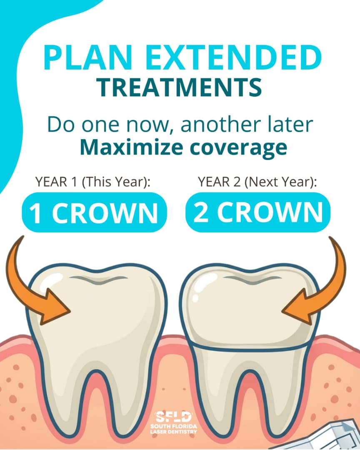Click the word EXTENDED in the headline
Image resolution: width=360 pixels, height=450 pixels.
pyautogui.click(x=234, y=57)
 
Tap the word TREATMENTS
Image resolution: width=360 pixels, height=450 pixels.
pyautogui.click(x=179, y=87)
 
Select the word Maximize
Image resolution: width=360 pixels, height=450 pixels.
pyautogui.click(x=131, y=147)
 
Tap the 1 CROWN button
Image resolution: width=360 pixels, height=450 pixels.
pyautogui.click(x=94, y=212)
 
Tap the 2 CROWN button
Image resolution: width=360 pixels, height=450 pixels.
pyautogui.click(x=258, y=212)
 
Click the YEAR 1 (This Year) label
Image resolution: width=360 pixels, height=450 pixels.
pyautogui.click(x=93, y=182)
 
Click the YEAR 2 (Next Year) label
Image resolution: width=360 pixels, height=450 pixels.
pyautogui.click(x=257, y=182)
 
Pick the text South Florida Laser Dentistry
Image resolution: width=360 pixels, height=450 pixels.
pyautogui.click(x=174, y=429)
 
